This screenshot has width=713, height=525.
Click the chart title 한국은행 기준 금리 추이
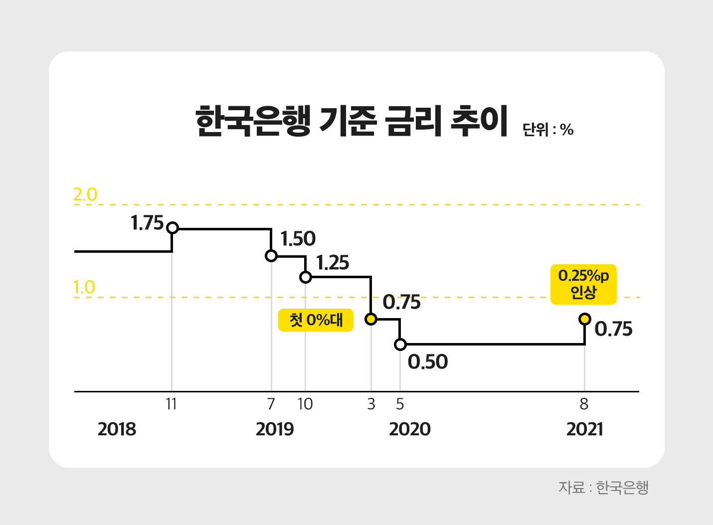pos(352,121)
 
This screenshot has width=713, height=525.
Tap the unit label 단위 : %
pos(548,130)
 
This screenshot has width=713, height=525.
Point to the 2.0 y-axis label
pos(85,194)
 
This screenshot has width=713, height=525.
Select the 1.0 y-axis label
pos(84,287)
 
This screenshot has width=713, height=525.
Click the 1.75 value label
pos(147,223)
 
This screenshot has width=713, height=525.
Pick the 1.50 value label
pos(298,239)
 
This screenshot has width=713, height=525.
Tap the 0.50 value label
pos(428,362)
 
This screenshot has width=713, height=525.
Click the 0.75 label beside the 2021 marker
pos(613,329)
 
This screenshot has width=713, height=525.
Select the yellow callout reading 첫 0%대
pos(316,320)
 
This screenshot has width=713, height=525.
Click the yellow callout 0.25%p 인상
pos(583,284)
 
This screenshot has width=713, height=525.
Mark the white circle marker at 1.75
pos(172,228)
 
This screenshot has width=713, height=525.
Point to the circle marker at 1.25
pos(306,277)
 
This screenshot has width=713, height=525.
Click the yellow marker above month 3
pos(370,319)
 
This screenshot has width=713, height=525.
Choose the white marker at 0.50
pos(400,344)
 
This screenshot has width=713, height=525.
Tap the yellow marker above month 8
pos(584,319)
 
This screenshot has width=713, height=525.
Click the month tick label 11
pos(172,404)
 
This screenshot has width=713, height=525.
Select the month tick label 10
pos(305,404)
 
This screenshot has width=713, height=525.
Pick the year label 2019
pos(275,429)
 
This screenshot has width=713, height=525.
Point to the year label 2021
pos(584,429)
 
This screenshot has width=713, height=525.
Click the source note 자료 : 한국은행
pos(603,487)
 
